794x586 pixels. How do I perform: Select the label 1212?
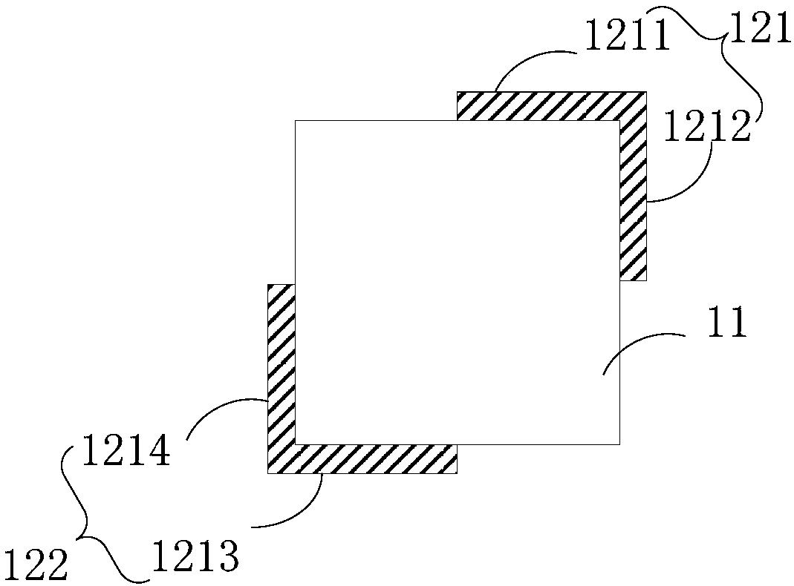point(706,127)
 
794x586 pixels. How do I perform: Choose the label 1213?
point(195,556)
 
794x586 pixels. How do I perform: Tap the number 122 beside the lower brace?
point(35,566)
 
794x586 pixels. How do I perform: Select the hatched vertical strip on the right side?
point(633,200)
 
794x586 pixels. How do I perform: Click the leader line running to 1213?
point(297,512)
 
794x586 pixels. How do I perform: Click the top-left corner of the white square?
point(296,120)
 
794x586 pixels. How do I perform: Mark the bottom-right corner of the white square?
point(619,444)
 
